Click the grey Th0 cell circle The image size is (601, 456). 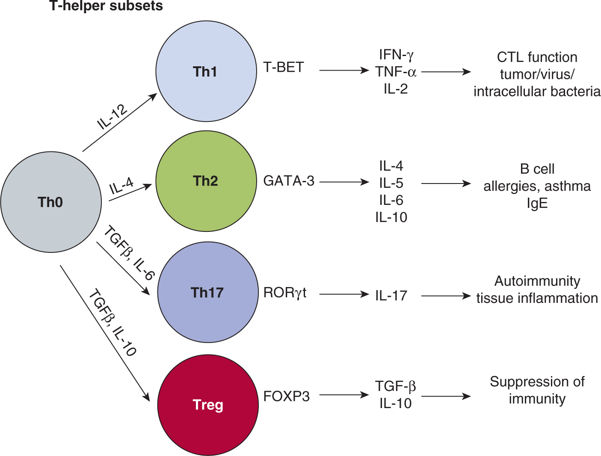pos(51,202)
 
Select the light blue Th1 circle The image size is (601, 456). pos(206,71)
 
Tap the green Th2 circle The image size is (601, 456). pos(206,181)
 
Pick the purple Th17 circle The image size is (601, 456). pos(208,293)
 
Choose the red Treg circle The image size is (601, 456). pos(208,405)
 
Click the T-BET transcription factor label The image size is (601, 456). pos(284,68)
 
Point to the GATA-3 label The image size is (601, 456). pos(289,181)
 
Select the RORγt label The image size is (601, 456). pos(285,293)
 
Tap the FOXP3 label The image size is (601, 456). pos(286,397)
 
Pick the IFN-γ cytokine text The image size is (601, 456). pos(396,55)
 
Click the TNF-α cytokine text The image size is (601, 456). pos(396,72)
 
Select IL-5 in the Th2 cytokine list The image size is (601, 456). pos(391,183)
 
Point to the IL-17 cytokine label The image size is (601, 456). pos(391,296)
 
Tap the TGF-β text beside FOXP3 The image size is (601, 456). pos(395,386)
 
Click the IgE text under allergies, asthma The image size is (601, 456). pos(537,203)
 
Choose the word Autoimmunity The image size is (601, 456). pos(537,281)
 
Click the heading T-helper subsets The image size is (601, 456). pos(106,6)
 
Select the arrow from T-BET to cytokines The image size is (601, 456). pos(344,70)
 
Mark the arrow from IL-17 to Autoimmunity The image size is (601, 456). pos(446,296)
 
